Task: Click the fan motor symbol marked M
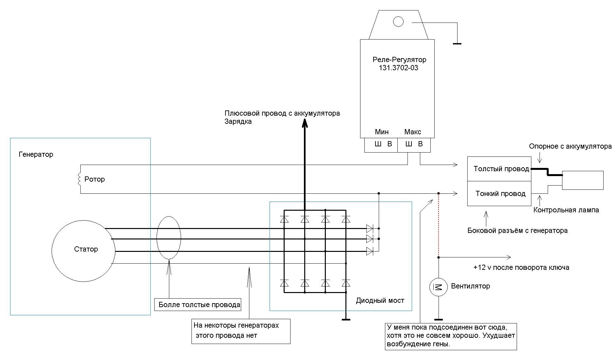[x=438, y=287]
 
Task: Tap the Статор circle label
[x=86, y=249]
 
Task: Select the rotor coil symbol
[x=79, y=179]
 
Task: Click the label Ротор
[x=94, y=179]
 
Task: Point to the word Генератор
[x=36, y=154]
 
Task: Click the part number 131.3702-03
[x=398, y=68]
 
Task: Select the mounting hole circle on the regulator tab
[x=398, y=22]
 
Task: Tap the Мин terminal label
[x=382, y=132]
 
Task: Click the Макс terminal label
[x=412, y=132]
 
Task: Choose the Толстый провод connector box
[x=499, y=169]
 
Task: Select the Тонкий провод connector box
[x=499, y=193]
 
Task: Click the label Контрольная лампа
[x=566, y=210]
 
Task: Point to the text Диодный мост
[x=380, y=301]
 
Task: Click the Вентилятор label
[x=470, y=286]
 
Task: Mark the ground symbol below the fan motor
[x=438, y=319]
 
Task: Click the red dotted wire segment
[x=439, y=225]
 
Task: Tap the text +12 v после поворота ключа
[x=521, y=268]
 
